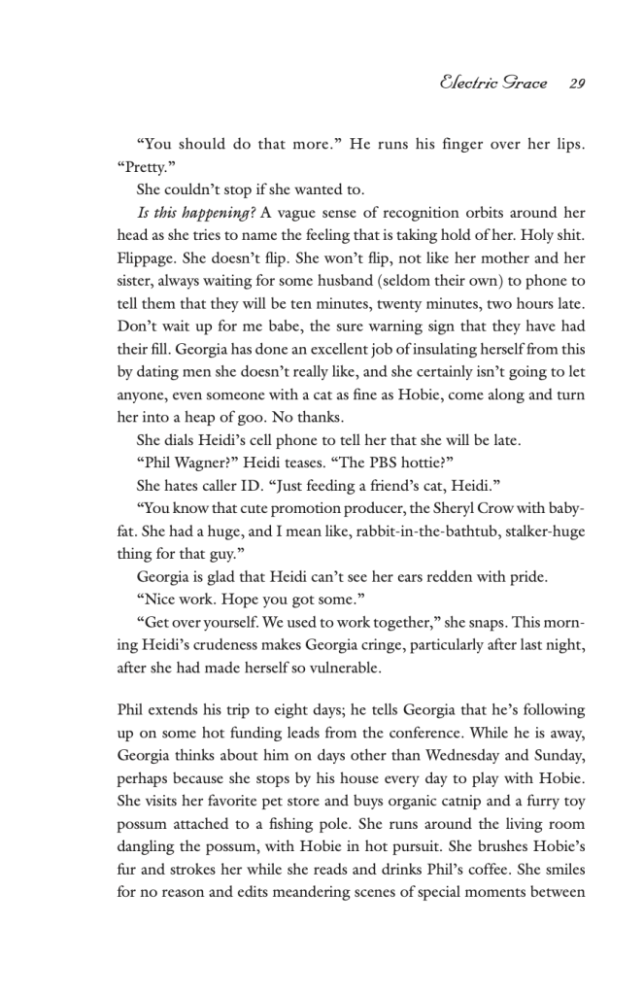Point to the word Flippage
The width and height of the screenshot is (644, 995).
[x=149, y=260]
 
